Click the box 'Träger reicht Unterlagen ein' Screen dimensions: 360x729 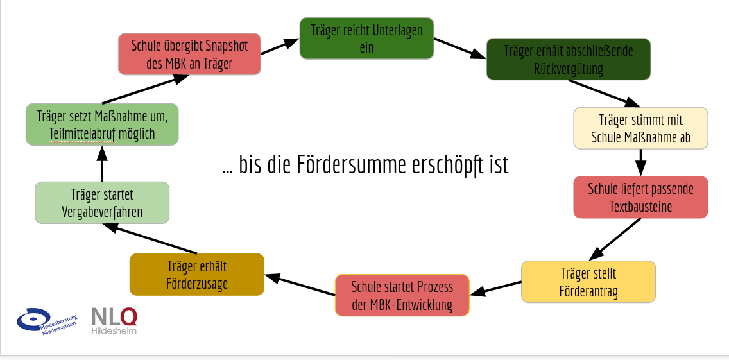366,39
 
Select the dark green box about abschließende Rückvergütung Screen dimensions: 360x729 568,59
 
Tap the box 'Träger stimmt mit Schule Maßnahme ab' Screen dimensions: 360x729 640,128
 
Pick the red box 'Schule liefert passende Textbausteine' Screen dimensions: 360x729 640,198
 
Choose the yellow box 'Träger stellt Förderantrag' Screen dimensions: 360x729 588,282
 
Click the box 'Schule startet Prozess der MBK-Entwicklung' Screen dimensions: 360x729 402,295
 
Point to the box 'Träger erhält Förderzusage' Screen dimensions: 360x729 197,275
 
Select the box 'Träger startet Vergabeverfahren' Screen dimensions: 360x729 102,203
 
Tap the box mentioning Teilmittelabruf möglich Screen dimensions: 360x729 101,124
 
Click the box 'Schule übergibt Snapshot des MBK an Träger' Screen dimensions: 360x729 189,54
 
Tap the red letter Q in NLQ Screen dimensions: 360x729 128,316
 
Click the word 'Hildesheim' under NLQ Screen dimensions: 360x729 114,331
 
